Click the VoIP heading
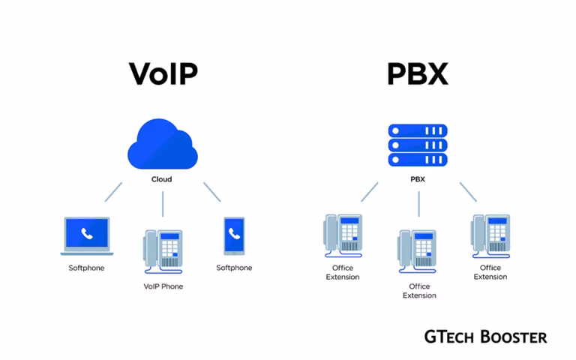[163, 73]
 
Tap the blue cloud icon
[162, 145]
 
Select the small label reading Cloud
[161, 179]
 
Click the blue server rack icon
[418, 145]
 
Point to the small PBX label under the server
[418, 179]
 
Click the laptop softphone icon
[86, 235]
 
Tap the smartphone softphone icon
[234, 235]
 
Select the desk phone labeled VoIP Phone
[163, 250]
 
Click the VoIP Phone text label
[163, 286]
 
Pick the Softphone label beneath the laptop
[86, 268]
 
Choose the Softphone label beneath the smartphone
[234, 268]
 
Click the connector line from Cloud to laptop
[113, 191]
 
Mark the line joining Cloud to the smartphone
[211, 191]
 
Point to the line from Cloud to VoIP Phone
[163, 204]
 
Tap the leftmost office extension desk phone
[343, 234]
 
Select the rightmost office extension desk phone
[490, 234]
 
